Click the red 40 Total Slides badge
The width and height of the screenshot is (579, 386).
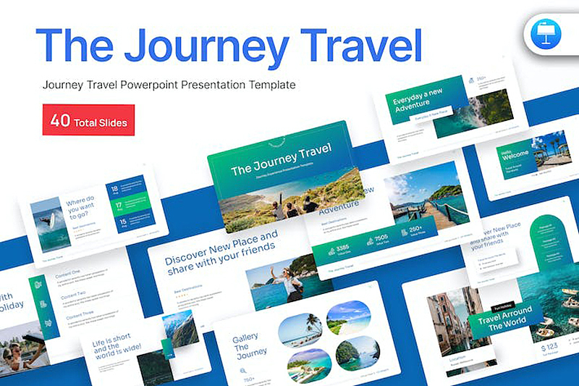click(x=88, y=122)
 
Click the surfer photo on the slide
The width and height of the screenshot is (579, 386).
click(x=46, y=224)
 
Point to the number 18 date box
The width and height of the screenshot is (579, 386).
click(x=114, y=191)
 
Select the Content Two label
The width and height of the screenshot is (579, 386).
click(x=74, y=295)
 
